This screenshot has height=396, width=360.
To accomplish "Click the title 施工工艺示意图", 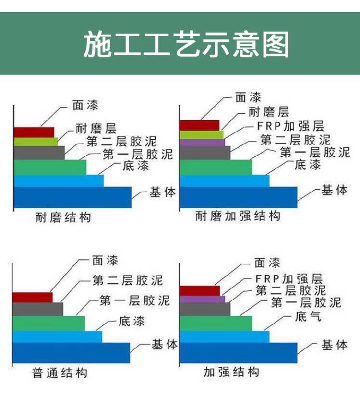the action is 186,45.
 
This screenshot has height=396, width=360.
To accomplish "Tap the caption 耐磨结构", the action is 63,217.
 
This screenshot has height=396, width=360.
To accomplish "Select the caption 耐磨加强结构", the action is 238,216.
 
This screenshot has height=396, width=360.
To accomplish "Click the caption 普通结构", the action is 60,373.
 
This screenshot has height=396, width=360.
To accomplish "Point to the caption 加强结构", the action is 231,372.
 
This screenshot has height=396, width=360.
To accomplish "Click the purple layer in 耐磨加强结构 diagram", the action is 202,143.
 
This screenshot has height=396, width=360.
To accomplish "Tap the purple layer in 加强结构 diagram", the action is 202,299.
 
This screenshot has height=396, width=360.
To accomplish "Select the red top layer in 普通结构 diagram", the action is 33,298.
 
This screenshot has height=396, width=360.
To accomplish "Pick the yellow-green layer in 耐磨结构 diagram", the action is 36,142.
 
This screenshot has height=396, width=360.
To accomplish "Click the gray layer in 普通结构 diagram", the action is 38,310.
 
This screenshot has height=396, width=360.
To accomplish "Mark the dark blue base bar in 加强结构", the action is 239,353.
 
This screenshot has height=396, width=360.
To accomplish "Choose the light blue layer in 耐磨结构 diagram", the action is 59,181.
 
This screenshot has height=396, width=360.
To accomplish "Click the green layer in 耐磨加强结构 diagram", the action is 216,167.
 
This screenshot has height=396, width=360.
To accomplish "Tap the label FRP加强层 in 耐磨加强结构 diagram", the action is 290,126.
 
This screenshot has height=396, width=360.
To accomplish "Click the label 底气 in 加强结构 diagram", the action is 308,316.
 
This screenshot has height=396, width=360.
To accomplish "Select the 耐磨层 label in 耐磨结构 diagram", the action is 96,129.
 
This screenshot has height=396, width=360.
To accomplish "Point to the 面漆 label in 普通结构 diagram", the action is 105,261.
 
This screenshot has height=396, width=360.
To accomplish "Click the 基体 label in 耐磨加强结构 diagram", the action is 335,191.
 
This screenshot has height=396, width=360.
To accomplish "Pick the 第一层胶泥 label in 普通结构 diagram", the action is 135,301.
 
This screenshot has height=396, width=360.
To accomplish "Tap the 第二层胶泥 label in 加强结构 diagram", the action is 291,290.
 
